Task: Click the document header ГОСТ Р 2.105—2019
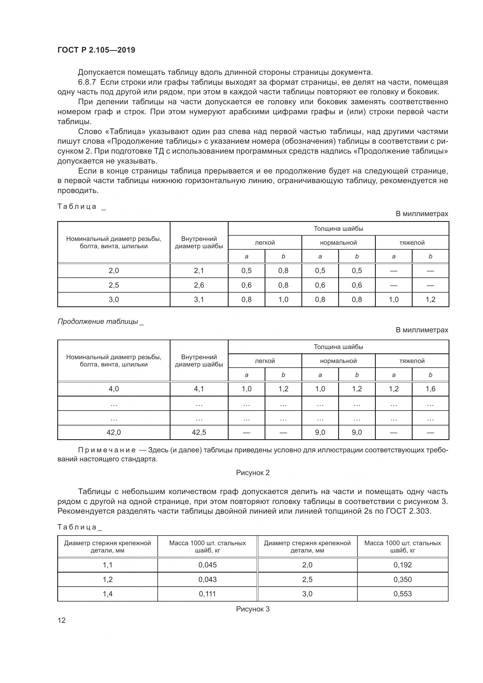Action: click(x=96, y=50)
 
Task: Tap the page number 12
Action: click(x=62, y=620)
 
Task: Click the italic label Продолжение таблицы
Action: click(x=98, y=321)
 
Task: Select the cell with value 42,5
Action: click(x=199, y=432)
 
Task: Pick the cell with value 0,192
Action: click(x=402, y=565)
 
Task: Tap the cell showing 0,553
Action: click(x=402, y=594)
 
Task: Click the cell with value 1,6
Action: click(x=430, y=389)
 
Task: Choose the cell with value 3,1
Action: click(x=199, y=300)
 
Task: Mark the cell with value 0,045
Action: click(x=207, y=565)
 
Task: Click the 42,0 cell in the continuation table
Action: click(x=114, y=432)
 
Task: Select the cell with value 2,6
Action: click(x=199, y=285)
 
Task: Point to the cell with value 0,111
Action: click(x=207, y=594)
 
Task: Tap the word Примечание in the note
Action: click(x=107, y=450)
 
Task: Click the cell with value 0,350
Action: click(x=402, y=579)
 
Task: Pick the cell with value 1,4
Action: click(x=107, y=594)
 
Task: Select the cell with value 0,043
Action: click(x=207, y=579)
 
